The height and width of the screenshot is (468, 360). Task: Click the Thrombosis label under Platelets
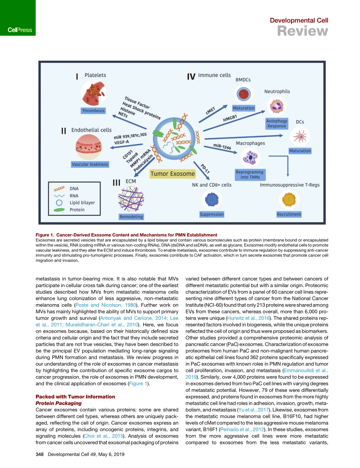click(x=93, y=111)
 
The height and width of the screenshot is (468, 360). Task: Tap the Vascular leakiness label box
click(x=90, y=164)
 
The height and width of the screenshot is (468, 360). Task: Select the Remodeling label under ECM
click(x=131, y=217)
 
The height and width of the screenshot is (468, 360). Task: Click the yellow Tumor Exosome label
click(x=173, y=174)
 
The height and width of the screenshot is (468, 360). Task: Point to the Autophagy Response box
click(x=277, y=123)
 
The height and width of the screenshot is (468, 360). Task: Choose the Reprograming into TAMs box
click(x=250, y=174)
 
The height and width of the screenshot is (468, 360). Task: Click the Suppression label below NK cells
click(x=211, y=214)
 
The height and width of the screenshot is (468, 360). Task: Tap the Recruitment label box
click(x=289, y=214)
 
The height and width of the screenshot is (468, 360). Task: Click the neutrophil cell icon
click(x=277, y=106)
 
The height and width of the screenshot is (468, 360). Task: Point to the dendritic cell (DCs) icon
click(x=300, y=136)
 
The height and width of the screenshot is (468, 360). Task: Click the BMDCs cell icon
click(x=243, y=94)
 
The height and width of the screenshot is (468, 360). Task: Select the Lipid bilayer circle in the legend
click(x=59, y=203)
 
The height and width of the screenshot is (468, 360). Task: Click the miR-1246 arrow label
click(x=222, y=148)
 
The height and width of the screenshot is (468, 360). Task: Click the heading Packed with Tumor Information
click(x=75, y=397)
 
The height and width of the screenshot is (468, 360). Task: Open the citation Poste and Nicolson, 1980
click(x=105, y=305)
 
